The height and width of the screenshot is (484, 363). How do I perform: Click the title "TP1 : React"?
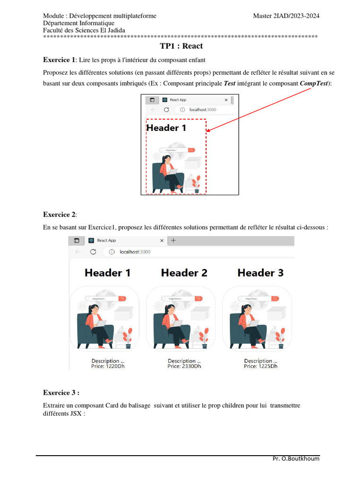click(181, 46)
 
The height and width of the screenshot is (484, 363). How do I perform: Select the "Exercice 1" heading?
click(59, 60)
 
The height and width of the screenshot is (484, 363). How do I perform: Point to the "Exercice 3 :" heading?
click(61, 392)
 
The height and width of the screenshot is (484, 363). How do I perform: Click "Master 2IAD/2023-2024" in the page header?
click(286, 16)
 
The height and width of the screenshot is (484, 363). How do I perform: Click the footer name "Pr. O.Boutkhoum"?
click(296, 458)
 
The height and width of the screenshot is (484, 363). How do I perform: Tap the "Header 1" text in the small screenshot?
click(166, 128)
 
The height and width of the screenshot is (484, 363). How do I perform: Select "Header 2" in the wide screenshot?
click(184, 273)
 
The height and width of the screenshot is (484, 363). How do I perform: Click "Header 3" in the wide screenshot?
click(260, 273)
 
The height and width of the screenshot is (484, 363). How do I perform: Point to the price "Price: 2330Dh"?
click(184, 366)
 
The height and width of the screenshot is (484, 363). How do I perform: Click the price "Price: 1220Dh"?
click(108, 366)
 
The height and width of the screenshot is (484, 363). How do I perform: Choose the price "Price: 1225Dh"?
click(260, 366)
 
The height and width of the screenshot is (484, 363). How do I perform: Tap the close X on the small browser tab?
click(226, 100)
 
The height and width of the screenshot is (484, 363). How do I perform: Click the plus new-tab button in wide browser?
click(173, 241)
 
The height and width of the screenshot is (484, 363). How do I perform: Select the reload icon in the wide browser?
click(93, 252)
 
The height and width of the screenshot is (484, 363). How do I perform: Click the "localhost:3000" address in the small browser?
click(202, 110)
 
